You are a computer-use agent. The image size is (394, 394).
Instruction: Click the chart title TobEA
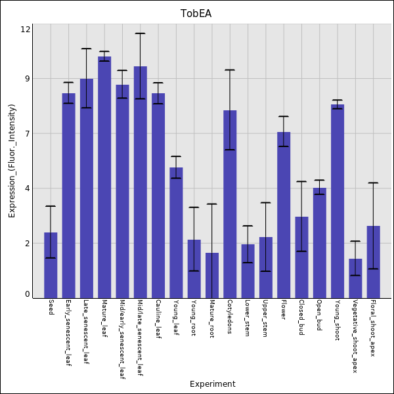pos(196,14)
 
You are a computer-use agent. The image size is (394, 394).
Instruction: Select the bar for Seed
pos(51,265)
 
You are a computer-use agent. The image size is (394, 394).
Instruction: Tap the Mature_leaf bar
pos(104,177)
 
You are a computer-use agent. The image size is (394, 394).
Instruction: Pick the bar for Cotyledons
pos(230,204)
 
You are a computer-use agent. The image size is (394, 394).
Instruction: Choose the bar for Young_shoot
pos(338,201)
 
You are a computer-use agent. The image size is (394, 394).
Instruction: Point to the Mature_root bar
pos(212,275)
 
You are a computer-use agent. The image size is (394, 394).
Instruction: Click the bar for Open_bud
pos(319,243)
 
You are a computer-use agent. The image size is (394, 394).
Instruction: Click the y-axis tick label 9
pos(28,79)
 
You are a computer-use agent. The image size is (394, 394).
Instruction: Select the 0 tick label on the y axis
pos(28,295)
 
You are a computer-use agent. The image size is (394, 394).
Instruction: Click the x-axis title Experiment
pos(212,384)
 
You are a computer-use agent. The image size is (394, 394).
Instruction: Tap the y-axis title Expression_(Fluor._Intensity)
pos(12,161)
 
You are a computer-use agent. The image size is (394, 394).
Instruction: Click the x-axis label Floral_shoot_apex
pos(373,328)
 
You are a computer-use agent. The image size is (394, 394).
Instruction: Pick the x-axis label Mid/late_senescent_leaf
pos(140,339)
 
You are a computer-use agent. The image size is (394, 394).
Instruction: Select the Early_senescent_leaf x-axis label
pos(68,332)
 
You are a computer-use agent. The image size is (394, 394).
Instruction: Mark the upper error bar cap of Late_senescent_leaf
pos(86,49)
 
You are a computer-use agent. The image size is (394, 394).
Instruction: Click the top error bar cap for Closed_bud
pos(301,181)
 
